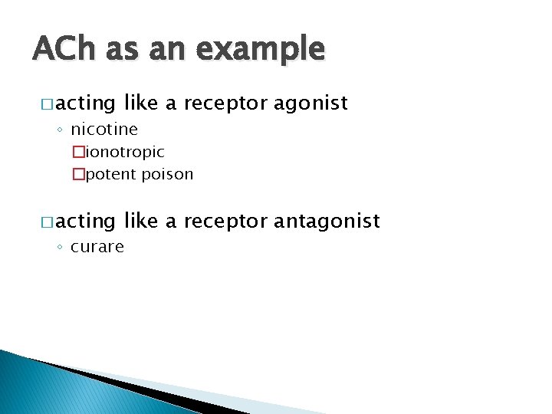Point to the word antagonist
pos(327,222)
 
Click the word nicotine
pos(104,129)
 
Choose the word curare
pos(97,247)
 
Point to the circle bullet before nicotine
pos(61,130)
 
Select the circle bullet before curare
pos(61,248)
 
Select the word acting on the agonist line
pos(85,103)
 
